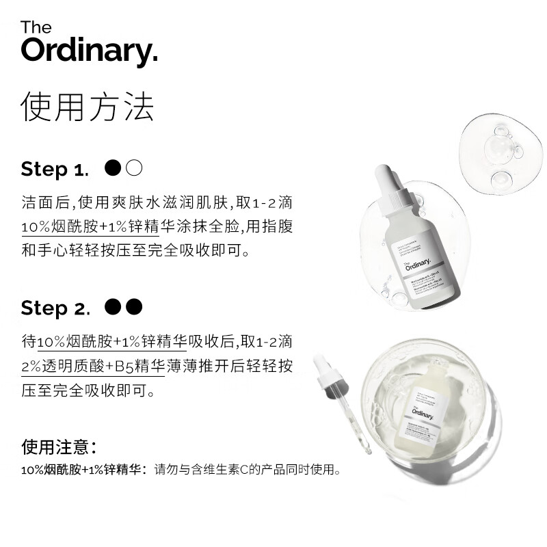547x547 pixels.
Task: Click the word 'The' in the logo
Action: pyautogui.click(x=36, y=27)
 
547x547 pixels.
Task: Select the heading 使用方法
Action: pyautogui.click(x=87, y=107)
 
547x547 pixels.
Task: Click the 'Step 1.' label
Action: pyautogui.click(x=55, y=169)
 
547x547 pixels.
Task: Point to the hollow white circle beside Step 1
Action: pyautogui.click(x=134, y=168)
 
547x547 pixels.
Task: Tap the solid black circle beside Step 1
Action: pyautogui.click(x=114, y=168)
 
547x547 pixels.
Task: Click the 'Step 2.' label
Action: pyautogui.click(x=55, y=308)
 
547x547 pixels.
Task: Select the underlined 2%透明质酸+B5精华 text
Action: pyautogui.click(x=92, y=366)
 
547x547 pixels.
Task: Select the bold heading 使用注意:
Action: pyautogui.click(x=58, y=447)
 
